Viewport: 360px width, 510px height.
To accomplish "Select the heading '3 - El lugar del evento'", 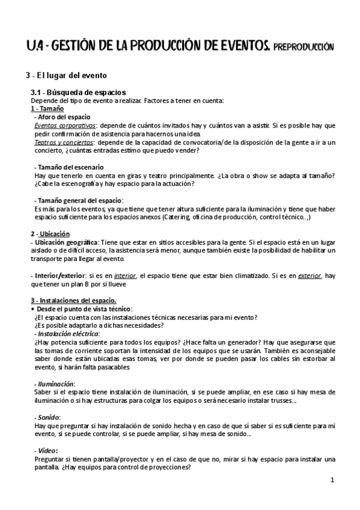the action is tap(66, 76).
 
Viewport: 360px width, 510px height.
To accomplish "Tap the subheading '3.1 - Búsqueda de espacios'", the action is tap(79, 93).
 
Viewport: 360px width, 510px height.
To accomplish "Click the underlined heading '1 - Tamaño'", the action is tap(47, 108).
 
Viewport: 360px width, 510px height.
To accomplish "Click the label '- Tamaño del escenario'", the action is tap(69, 167).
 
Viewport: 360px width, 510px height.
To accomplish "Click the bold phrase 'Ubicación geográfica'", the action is tap(65, 242).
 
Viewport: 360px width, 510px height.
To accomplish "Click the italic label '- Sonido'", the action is tap(49, 417).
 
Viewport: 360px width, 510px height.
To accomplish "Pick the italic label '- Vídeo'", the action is tap(47, 450).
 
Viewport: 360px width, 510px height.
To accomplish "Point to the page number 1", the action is tap(332, 481).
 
